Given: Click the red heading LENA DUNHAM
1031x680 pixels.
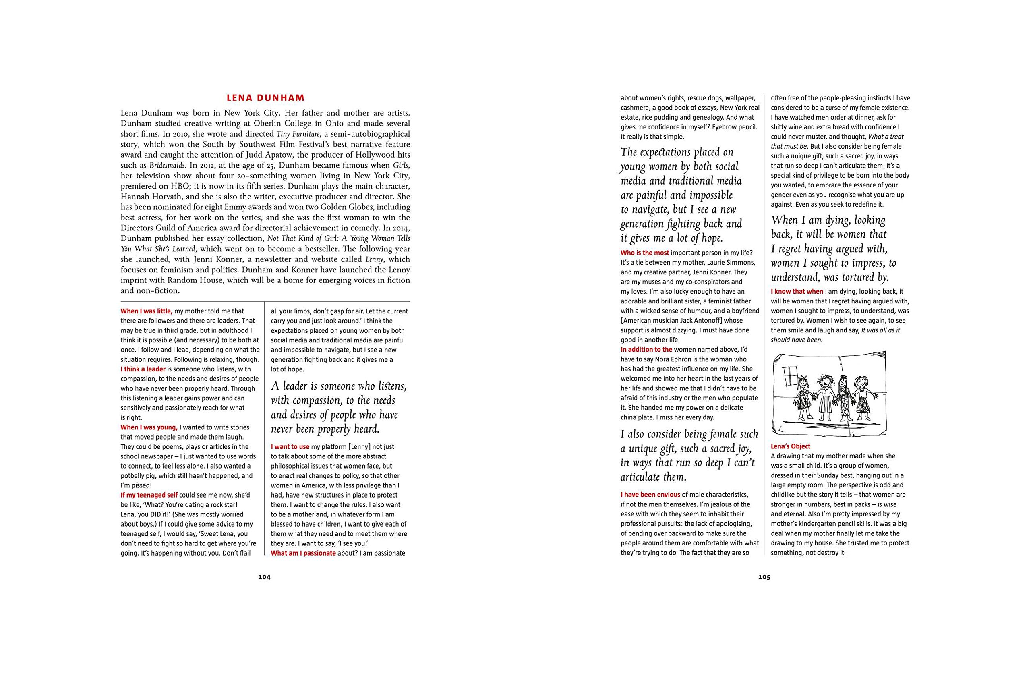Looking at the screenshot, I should click(x=265, y=98).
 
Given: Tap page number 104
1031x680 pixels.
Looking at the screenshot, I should click(x=264, y=577).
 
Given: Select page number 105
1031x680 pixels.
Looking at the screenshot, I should click(x=764, y=577).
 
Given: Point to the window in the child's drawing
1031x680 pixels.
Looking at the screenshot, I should click(x=789, y=374).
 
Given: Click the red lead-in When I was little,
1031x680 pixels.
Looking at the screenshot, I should click(x=147, y=311).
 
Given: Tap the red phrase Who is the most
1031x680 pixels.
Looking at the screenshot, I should click(x=645, y=253).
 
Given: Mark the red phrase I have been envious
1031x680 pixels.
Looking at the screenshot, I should click(x=650, y=495).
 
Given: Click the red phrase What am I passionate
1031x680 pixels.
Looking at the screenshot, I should click(x=303, y=553).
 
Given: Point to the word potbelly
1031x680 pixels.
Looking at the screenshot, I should click(x=135, y=476).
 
